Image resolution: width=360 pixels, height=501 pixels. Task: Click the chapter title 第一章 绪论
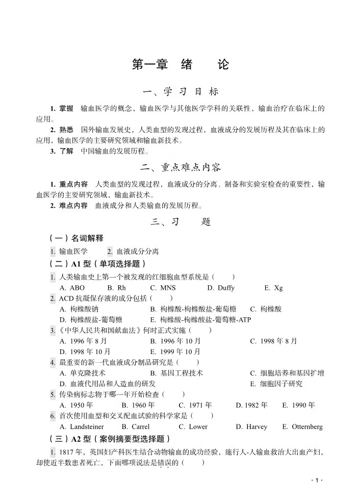click(x=180, y=65)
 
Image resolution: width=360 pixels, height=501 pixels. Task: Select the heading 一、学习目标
click(x=181, y=92)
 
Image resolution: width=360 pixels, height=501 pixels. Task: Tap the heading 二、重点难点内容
click(x=181, y=167)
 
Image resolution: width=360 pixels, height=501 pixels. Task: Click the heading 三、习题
click(x=181, y=222)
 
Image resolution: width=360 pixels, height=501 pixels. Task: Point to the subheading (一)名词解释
click(x=76, y=238)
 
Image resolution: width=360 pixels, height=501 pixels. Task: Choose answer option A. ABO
click(x=72, y=288)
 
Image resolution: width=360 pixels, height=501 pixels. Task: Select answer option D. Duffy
click(x=221, y=288)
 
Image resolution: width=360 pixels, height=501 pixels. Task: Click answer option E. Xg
click(x=273, y=288)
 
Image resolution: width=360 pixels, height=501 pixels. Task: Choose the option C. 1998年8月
click(x=273, y=341)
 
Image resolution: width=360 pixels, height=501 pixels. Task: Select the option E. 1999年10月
click(x=175, y=352)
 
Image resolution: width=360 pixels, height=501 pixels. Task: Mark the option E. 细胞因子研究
click(x=276, y=384)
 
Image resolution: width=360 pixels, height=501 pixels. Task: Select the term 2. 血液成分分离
click(x=133, y=251)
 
